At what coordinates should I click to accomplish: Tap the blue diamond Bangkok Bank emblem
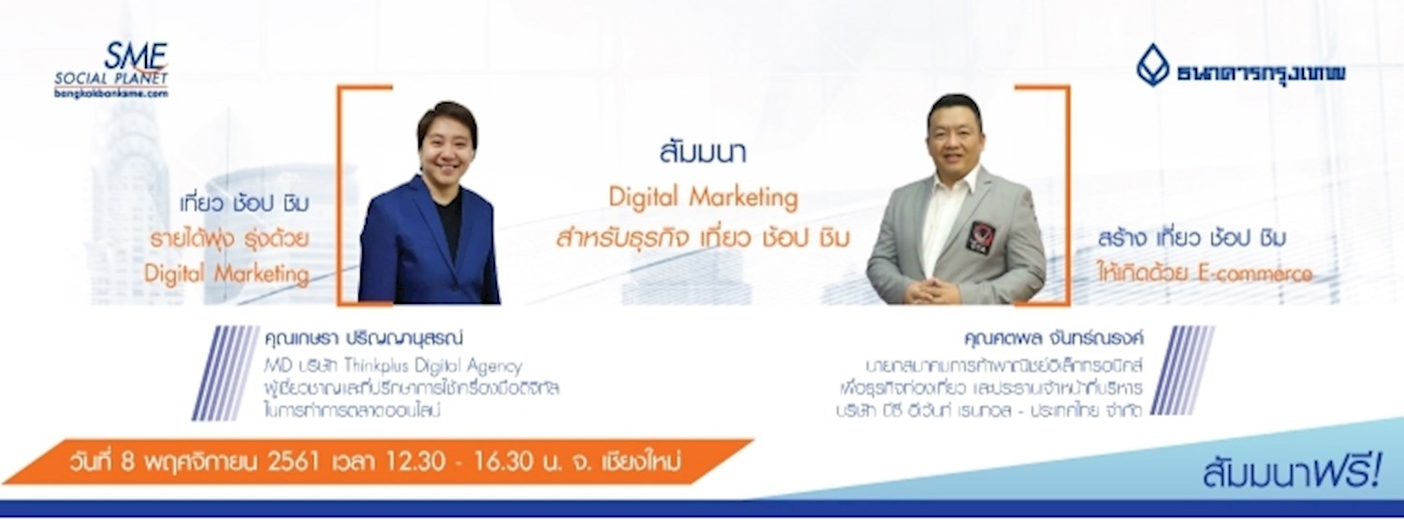(x=1153, y=65)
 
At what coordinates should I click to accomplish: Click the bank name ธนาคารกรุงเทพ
(x=1262, y=71)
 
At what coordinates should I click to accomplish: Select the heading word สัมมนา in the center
(x=702, y=154)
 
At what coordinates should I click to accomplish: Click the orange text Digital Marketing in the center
(x=703, y=197)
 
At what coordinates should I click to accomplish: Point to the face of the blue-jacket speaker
(x=446, y=141)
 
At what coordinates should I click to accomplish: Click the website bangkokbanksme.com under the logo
(x=111, y=94)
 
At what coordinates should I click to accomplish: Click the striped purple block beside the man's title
(x=1183, y=369)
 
